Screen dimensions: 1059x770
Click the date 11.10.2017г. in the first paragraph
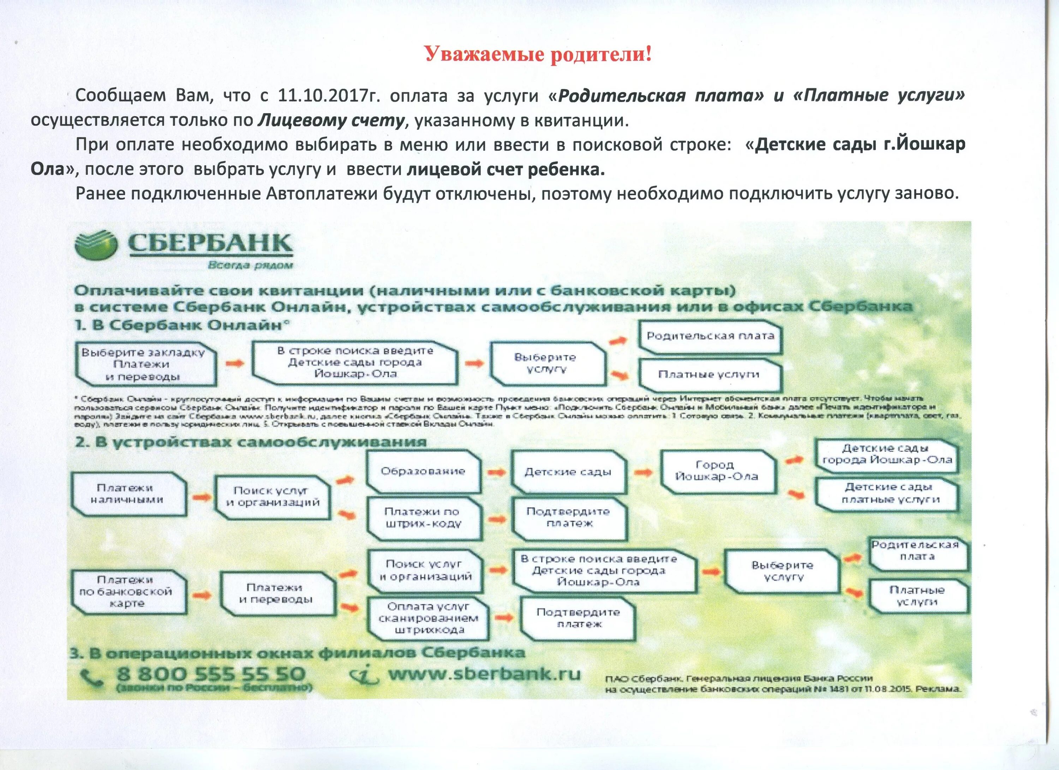click(x=330, y=96)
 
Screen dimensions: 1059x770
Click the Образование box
click(x=423, y=471)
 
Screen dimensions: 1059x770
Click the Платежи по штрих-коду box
click(x=423, y=518)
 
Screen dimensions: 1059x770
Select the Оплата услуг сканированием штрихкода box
click(x=428, y=618)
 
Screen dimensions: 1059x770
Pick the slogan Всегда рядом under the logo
click(x=250, y=265)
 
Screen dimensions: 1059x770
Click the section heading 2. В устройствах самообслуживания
click(x=251, y=442)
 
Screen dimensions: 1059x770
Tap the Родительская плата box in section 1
click(x=710, y=336)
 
